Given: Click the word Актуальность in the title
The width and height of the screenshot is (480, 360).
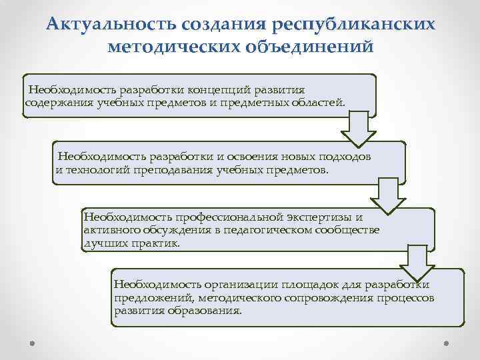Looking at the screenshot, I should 108,25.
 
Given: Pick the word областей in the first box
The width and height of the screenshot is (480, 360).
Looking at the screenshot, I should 321,102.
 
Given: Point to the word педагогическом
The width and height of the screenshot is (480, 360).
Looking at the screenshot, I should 267,230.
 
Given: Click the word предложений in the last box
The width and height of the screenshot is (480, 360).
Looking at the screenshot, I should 146,298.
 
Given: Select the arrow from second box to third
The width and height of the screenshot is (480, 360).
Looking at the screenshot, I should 389,193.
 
